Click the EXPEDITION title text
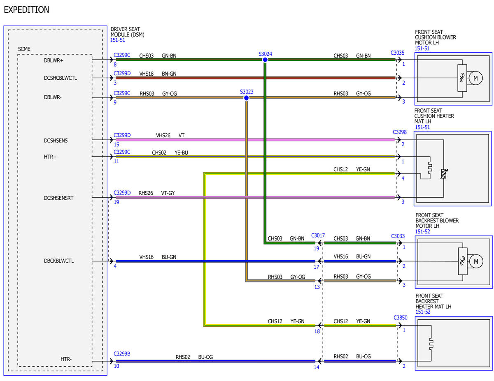(x=26, y=10)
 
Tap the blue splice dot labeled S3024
(x=265, y=60)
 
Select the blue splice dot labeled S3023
(x=246, y=98)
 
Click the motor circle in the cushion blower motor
(x=475, y=78)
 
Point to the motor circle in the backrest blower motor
(x=476, y=261)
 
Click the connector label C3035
(x=397, y=53)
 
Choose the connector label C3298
(x=400, y=132)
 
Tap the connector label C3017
(x=318, y=236)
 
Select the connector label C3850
(x=400, y=317)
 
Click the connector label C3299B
(x=122, y=354)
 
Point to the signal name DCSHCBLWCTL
(x=60, y=78)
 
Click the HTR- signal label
(x=66, y=359)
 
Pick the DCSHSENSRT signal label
(x=58, y=198)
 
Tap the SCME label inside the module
(x=24, y=49)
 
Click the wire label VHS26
(x=163, y=136)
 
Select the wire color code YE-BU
(x=181, y=153)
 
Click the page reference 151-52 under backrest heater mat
(x=423, y=312)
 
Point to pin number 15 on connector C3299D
(x=117, y=145)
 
